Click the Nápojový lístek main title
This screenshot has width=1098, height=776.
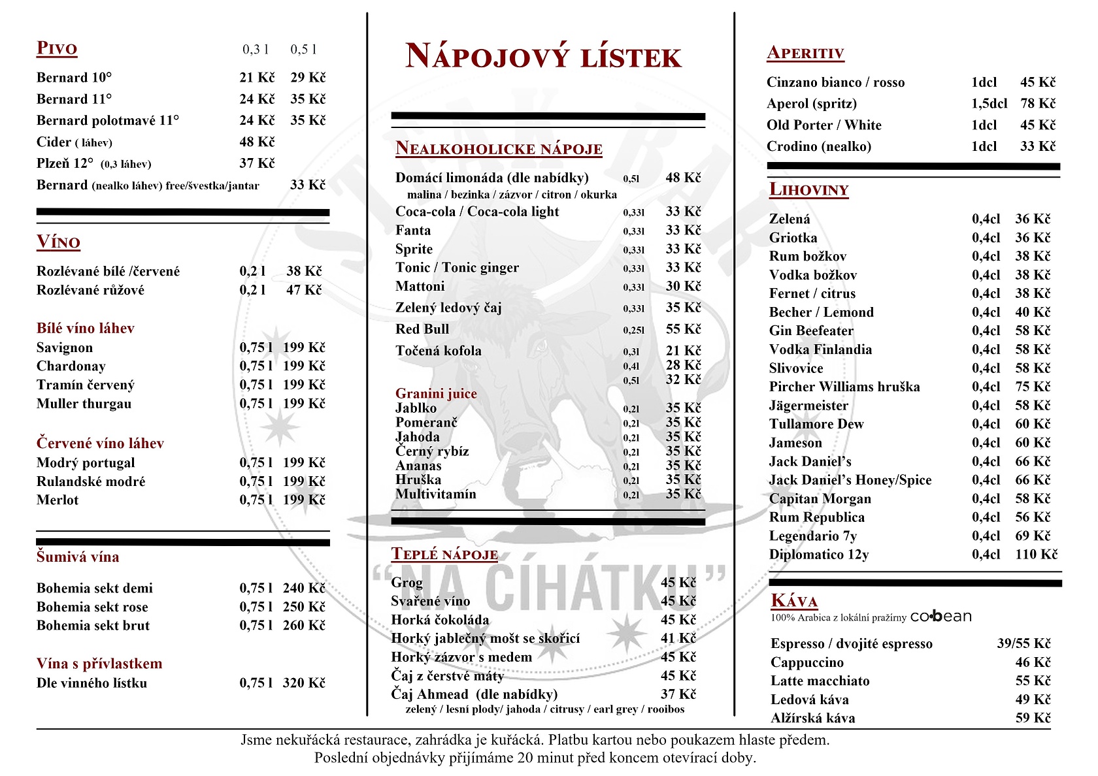pyautogui.click(x=543, y=56)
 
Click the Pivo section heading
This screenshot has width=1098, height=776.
pyautogui.click(x=57, y=48)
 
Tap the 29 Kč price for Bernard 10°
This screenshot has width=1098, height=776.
pyautogui.click(x=308, y=78)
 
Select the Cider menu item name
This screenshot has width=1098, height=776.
pyautogui.click(x=54, y=142)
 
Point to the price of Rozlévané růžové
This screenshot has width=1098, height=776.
pyautogui.click(x=304, y=290)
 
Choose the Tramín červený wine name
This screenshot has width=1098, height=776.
pyautogui.click(x=85, y=385)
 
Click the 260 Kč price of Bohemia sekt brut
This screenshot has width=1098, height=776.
pyautogui.click(x=304, y=626)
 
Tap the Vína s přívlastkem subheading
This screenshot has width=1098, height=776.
pyautogui.click(x=99, y=664)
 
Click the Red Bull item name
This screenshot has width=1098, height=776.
pyautogui.click(x=422, y=329)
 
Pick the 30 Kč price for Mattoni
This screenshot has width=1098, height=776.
pyautogui.click(x=683, y=286)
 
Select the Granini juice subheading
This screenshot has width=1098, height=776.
pyautogui.click(x=436, y=393)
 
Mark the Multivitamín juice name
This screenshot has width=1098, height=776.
pyautogui.click(x=436, y=494)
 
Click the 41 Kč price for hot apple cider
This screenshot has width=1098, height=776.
pyautogui.click(x=678, y=638)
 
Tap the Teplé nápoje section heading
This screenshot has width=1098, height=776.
pyautogui.click(x=444, y=555)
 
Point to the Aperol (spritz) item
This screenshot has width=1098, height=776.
pyautogui.click(x=811, y=104)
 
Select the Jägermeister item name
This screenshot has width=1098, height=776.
pyautogui.click(x=808, y=406)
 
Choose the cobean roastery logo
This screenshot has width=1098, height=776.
pyautogui.click(x=940, y=617)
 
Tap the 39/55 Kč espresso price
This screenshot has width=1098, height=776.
pyautogui.click(x=1023, y=644)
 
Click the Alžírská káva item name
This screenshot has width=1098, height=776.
pyautogui.click(x=812, y=719)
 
